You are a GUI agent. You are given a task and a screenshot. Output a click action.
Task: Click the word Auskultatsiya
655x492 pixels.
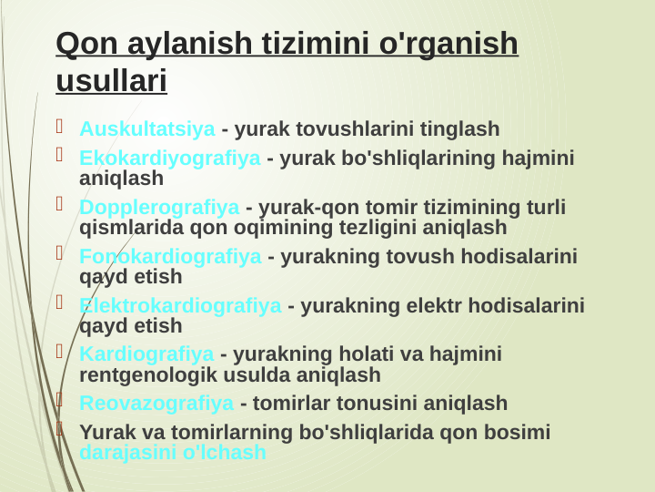point(147,128)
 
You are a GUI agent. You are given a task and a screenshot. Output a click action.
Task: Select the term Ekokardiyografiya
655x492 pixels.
point(170,159)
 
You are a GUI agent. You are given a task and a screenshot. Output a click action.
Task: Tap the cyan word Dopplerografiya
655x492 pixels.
point(159,208)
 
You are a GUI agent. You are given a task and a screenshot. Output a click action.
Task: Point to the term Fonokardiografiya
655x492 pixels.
point(170,257)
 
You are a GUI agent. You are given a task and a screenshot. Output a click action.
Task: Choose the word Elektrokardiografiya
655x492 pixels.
point(180,306)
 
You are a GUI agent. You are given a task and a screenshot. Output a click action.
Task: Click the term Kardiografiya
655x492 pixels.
point(147,354)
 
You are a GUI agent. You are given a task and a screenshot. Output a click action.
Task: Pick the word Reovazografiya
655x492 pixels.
point(156,404)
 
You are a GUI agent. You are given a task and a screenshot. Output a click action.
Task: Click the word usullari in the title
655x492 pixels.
point(111,81)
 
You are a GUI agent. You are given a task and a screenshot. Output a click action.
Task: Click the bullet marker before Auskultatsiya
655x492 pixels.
point(61,126)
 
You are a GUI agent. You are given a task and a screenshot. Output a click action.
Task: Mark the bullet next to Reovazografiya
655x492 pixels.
point(61,401)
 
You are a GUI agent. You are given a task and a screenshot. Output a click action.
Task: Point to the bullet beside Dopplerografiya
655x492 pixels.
point(61,205)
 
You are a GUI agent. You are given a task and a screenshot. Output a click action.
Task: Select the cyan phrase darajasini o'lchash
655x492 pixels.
point(173,452)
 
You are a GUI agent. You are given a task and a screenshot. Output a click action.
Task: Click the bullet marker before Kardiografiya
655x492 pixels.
point(61,352)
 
